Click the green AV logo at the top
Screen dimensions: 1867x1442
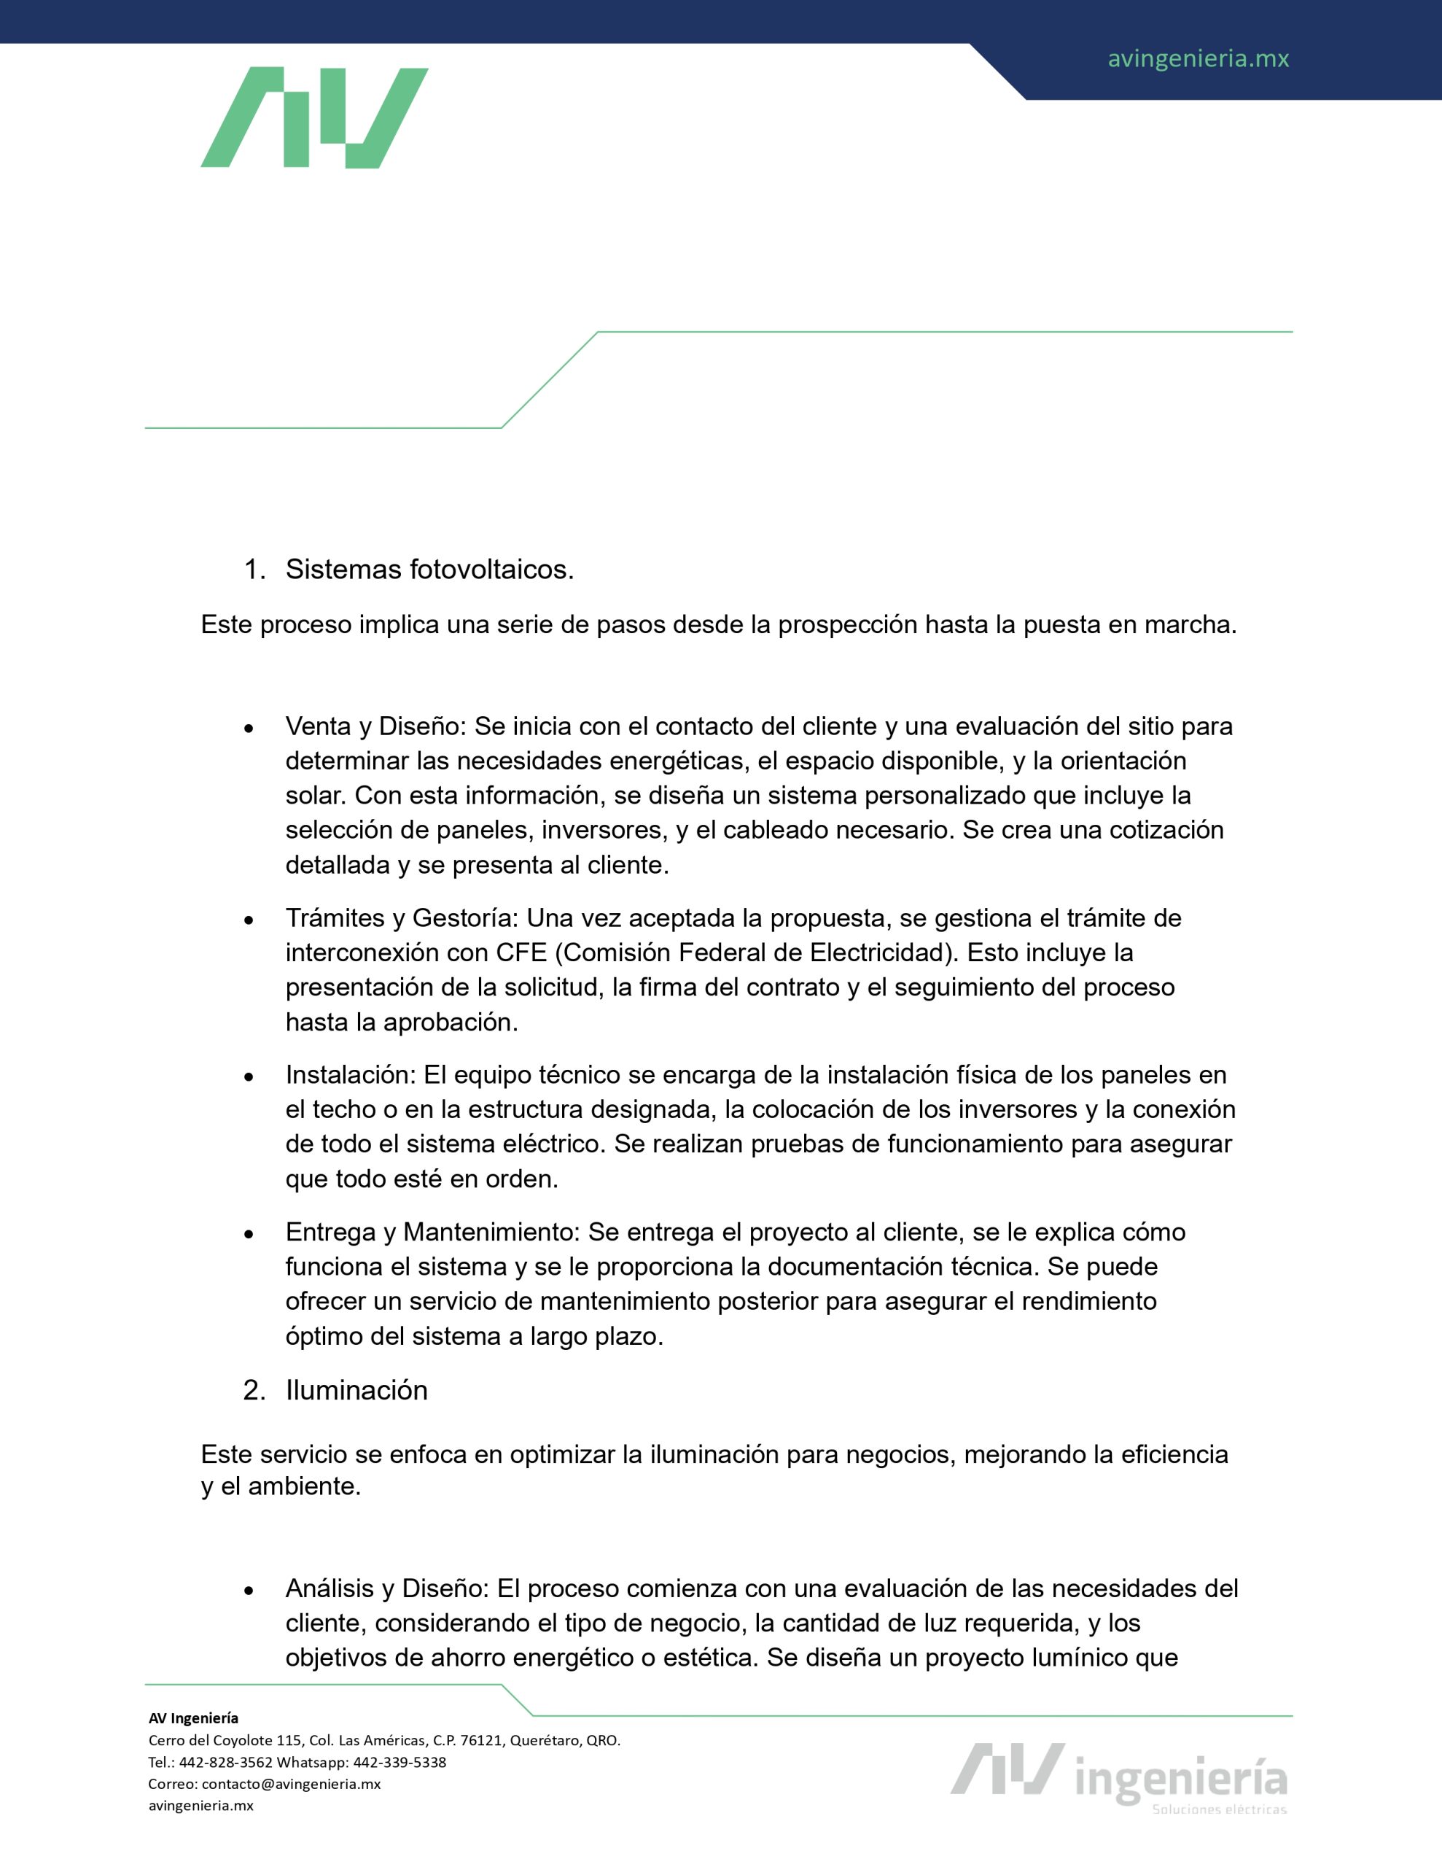click(x=313, y=117)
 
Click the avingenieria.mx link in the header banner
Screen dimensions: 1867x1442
click(x=1198, y=59)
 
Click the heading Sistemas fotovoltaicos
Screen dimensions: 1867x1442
click(x=429, y=570)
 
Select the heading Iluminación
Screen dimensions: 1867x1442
click(x=356, y=1390)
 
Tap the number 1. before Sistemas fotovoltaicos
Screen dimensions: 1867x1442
click(x=254, y=570)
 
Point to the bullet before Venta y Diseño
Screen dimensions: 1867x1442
click(x=249, y=729)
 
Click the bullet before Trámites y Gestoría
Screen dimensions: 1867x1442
click(x=249, y=920)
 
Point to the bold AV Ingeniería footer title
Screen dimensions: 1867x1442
click(x=193, y=1718)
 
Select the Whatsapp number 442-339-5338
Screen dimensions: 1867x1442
click(x=400, y=1762)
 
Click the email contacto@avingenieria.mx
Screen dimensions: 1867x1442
click(x=291, y=1784)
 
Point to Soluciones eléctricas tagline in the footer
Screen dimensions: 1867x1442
click(x=1219, y=1809)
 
